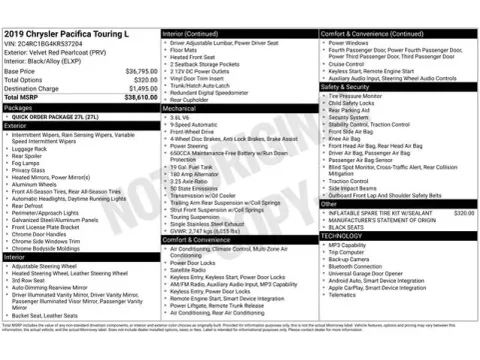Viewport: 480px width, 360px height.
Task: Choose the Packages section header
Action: [19, 107]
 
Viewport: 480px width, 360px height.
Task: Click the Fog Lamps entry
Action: [29, 163]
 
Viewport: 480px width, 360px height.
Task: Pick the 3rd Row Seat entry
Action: [30, 280]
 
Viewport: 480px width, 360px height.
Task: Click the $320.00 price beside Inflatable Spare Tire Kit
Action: [464, 213]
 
